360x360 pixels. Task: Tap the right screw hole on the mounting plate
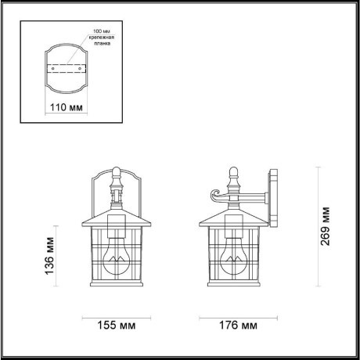click(x=84, y=68)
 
